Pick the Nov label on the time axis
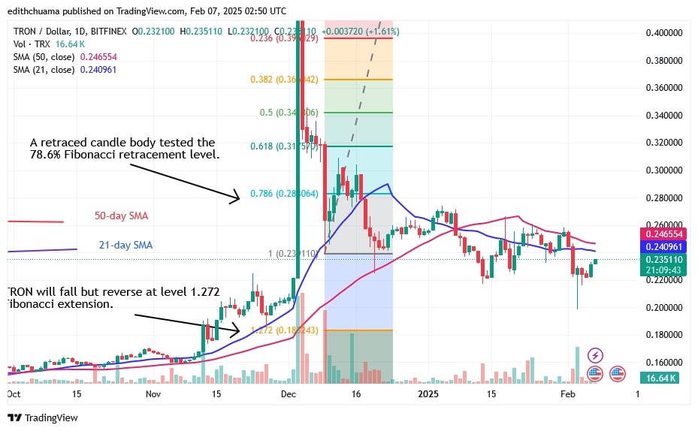point(153,393)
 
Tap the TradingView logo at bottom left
point(43,417)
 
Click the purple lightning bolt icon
point(595,355)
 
